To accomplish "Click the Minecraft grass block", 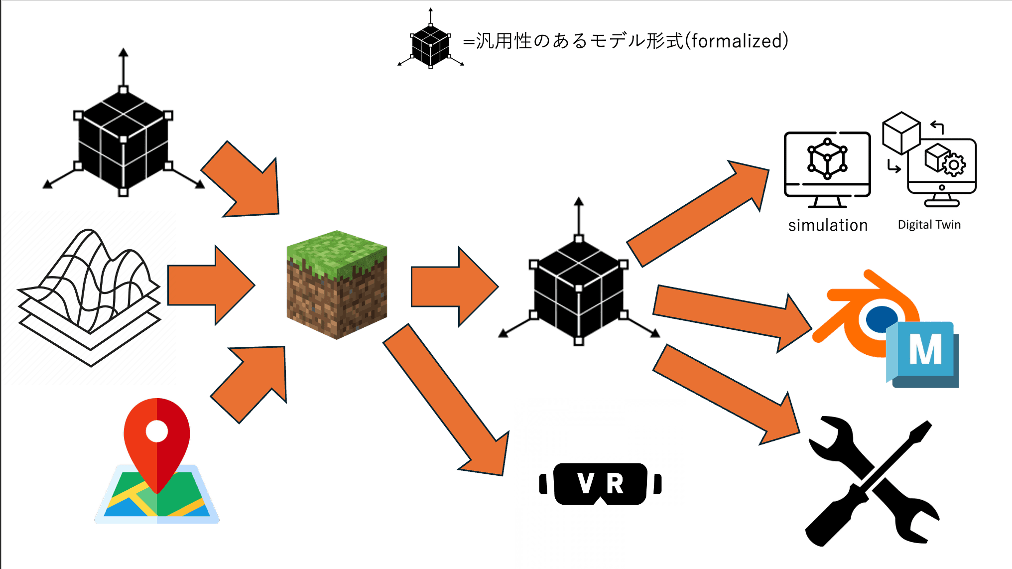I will (x=337, y=284).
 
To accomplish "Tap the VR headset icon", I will (x=601, y=483).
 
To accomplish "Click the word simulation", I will (x=828, y=225).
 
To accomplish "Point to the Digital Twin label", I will (x=929, y=225).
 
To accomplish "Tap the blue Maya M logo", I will (x=924, y=352).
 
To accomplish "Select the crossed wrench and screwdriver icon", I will (x=872, y=481).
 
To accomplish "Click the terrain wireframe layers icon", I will (x=90, y=299).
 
